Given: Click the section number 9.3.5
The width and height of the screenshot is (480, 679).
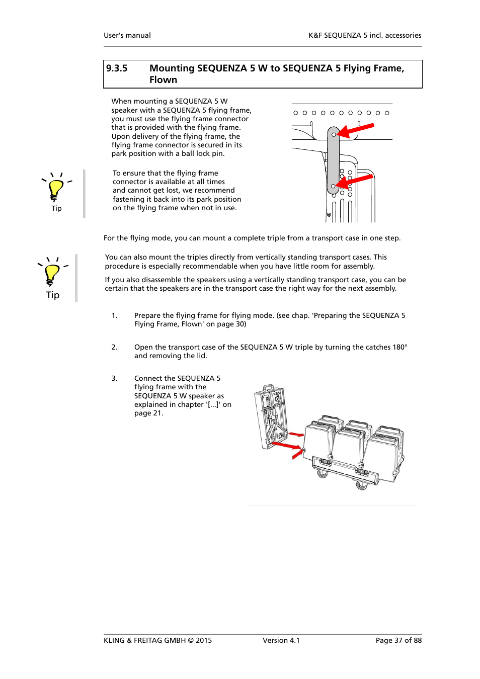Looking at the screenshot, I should tap(117, 68).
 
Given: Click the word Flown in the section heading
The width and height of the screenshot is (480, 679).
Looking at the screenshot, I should tap(163, 80).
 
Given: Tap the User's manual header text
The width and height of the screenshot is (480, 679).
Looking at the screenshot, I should tap(127, 35).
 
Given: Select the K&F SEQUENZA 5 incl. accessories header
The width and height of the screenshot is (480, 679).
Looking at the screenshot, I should tap(365, 35).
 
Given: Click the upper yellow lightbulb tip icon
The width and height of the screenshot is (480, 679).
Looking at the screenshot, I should tap(56, 189).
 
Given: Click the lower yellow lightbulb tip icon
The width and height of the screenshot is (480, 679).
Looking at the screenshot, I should tap(52, 274).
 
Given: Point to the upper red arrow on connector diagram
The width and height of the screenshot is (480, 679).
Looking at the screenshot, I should tap(356, 130).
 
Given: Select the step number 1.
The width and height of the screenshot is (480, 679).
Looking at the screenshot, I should tap(114, 316).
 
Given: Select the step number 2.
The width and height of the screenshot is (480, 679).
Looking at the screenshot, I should tap(114, 348).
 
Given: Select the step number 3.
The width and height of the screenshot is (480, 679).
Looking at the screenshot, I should tap(114, 379).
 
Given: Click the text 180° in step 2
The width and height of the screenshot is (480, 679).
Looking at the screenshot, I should tap(400, 348).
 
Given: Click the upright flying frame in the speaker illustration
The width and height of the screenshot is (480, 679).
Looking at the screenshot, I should tap(271, 416).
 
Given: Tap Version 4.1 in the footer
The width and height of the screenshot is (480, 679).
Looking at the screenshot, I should tap(281, 640).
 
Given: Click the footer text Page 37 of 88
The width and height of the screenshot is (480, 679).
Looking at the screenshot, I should tap(398, 640).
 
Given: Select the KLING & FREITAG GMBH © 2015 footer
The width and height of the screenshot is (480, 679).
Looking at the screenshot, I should tap(157, 640).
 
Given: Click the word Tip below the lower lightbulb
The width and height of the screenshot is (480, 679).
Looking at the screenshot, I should tap(53, 295).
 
